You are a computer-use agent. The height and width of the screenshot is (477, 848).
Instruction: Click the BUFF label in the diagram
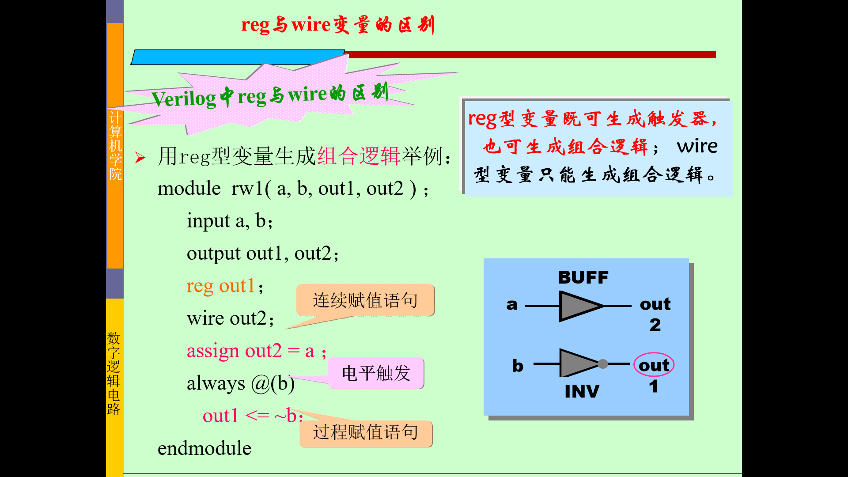point(583,277)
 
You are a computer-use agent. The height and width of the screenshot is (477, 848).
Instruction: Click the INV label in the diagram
point(582,391)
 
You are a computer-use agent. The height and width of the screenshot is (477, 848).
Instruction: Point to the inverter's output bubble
point(603,364)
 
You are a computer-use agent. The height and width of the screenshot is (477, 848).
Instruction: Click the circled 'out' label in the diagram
point(654,365)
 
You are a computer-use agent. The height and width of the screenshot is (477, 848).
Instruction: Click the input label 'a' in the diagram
point(512,305)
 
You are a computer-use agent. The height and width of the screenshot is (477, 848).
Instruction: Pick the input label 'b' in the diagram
point(518,366)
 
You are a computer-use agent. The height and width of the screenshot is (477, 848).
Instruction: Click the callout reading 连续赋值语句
point(365,300)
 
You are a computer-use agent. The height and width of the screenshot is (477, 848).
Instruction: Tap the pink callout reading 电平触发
point(376,373)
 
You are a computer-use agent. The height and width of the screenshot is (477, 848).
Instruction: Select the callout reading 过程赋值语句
point(365,432)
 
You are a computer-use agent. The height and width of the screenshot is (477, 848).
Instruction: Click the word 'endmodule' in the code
point(204,448)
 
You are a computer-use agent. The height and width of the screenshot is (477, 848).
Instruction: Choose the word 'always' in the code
point(216,383)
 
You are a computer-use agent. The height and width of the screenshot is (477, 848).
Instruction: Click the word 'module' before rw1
point(189,189)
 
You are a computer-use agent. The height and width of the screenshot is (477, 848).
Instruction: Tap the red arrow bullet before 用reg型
point(140,158)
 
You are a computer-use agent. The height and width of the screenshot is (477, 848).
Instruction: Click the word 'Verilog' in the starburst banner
point(183,98)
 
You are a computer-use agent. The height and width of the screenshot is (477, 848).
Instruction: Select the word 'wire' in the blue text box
point(697,146)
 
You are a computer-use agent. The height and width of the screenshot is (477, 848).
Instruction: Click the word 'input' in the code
point(208,221)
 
